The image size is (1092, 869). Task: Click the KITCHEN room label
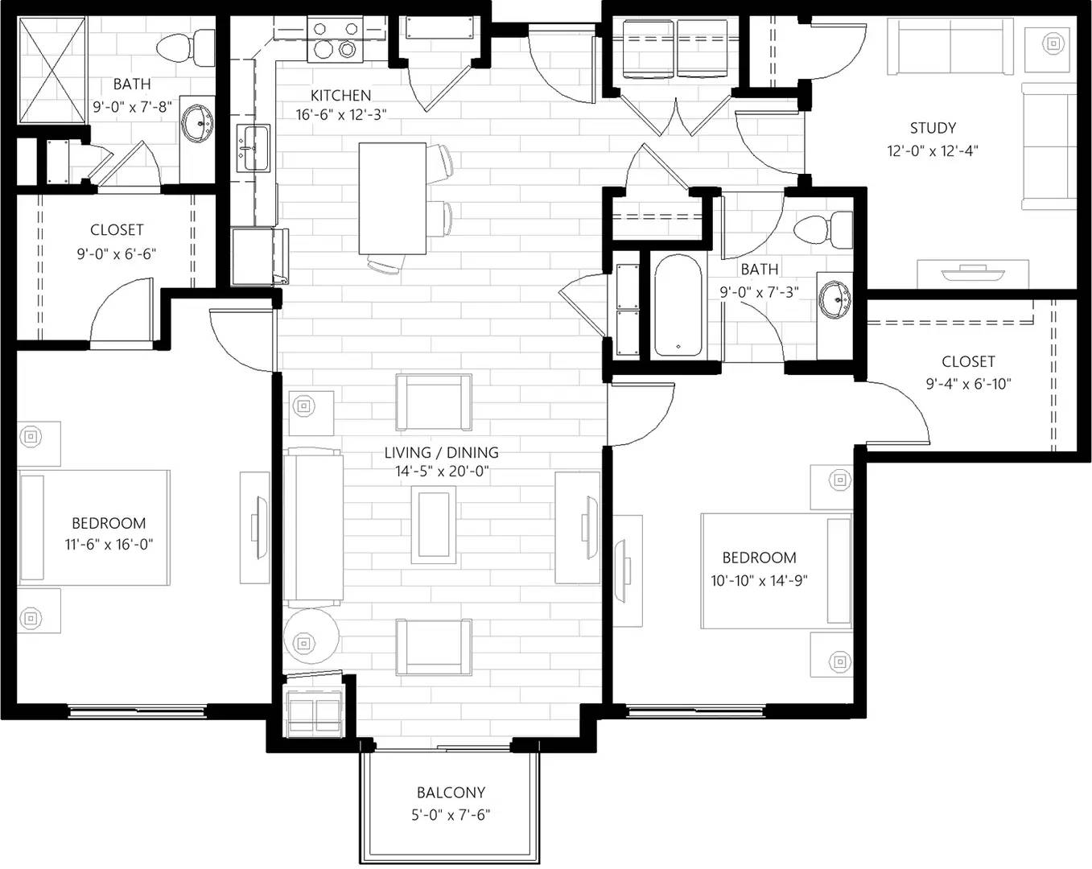(340, 95)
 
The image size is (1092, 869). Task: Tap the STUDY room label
(933, 128)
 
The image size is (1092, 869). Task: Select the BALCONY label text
(451, 792)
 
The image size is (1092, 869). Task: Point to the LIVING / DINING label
(442, 452)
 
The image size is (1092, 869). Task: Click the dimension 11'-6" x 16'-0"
(109, 544)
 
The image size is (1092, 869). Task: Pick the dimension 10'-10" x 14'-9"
(759, 580)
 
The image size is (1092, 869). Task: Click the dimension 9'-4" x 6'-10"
(968, 384)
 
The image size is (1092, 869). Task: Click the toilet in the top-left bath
(185, 47)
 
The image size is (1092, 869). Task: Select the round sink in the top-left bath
(197, 124)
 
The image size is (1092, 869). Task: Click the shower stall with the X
(52, 69)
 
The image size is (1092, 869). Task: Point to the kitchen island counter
(392, 199)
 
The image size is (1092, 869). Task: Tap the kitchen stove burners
(336, 40)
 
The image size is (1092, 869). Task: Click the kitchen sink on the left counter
(253, 148)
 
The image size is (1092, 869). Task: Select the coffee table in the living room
(434, 525)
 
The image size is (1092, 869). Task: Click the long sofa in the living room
(313, 527)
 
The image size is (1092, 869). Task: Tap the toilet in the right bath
(822, 230)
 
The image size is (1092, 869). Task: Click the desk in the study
(973, 274)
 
